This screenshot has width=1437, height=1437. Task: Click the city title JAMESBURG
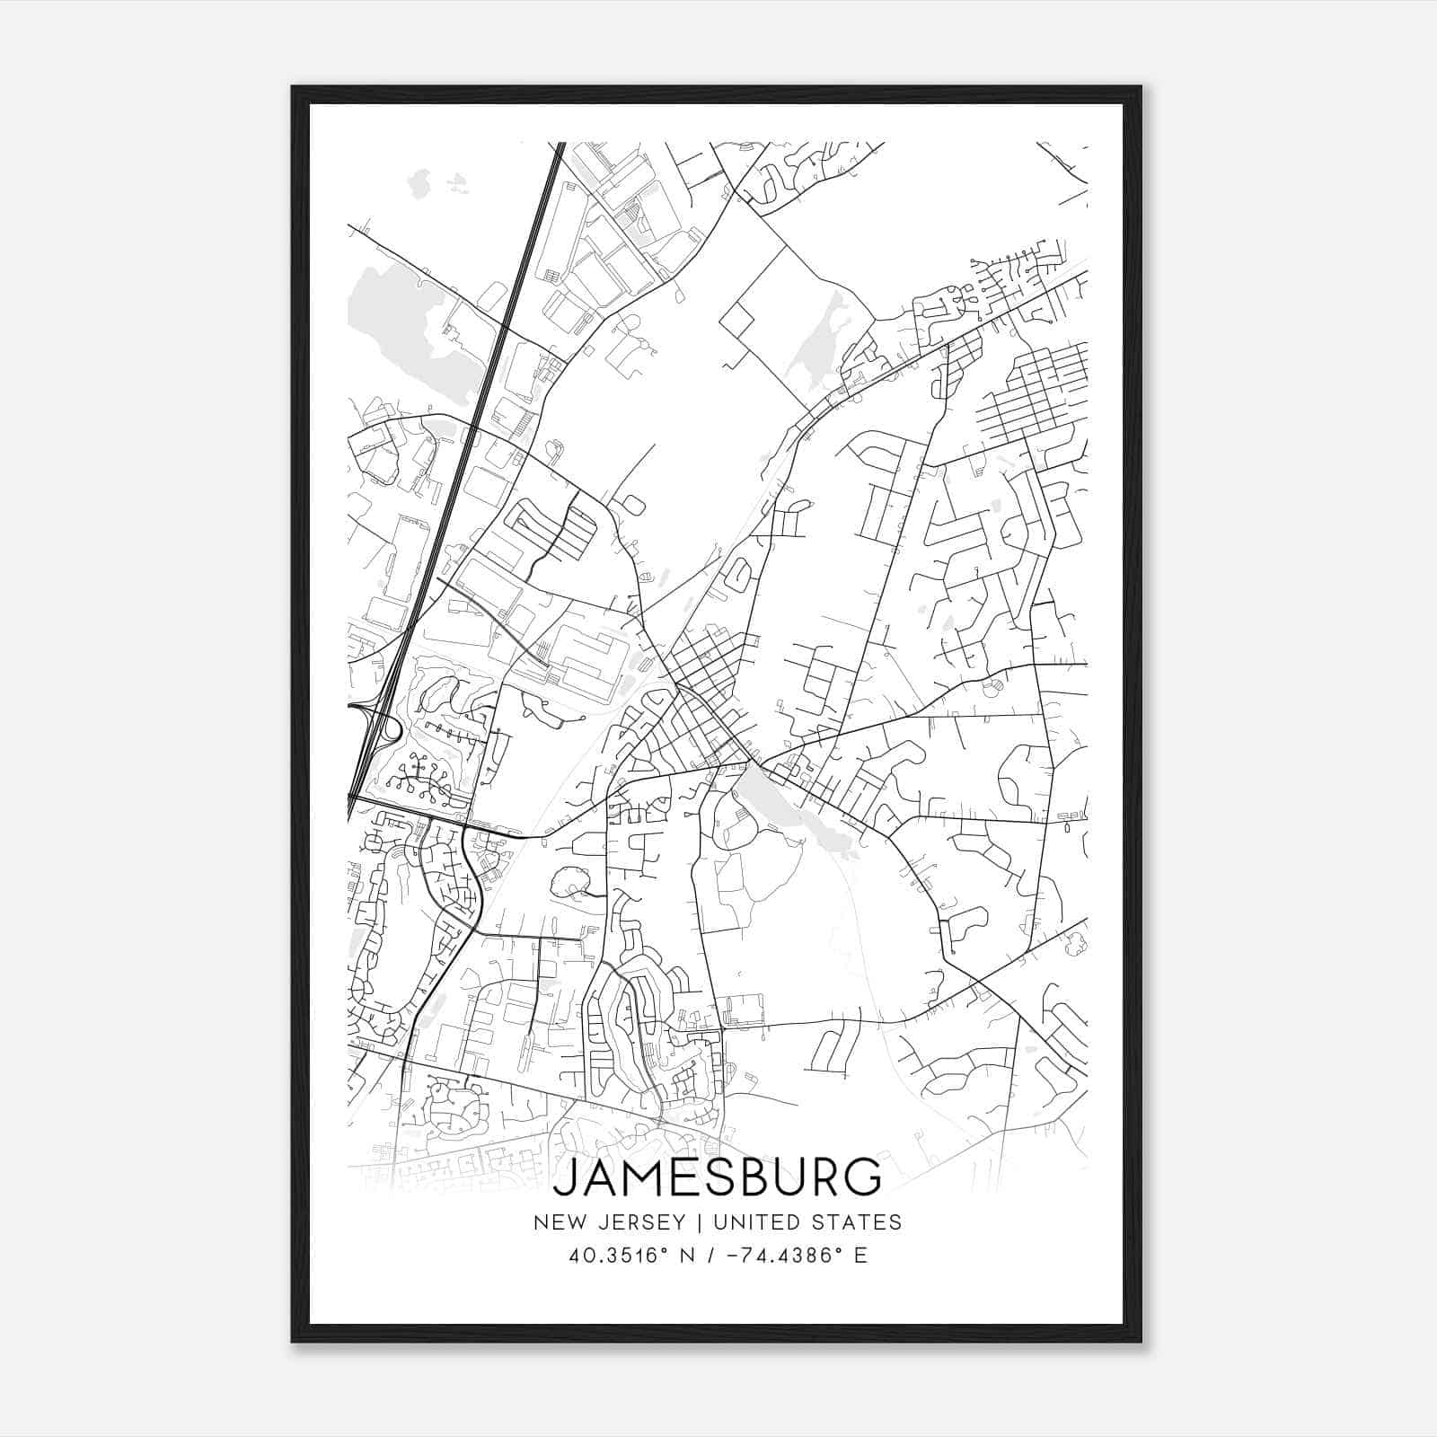[x=717, y=1177]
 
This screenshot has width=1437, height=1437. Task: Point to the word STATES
[x=858, y=1221]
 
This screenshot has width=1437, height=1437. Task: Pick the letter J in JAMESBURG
[x=565, y=1177]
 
